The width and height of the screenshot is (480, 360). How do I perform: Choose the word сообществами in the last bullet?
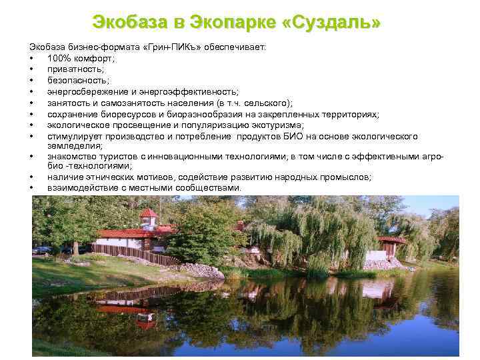coord(211,188)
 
